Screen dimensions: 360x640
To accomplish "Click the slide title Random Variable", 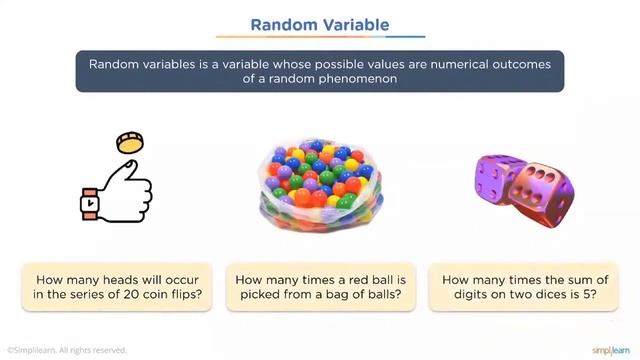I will coord(319,23).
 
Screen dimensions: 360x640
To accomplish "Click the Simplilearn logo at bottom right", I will coord(609,350).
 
